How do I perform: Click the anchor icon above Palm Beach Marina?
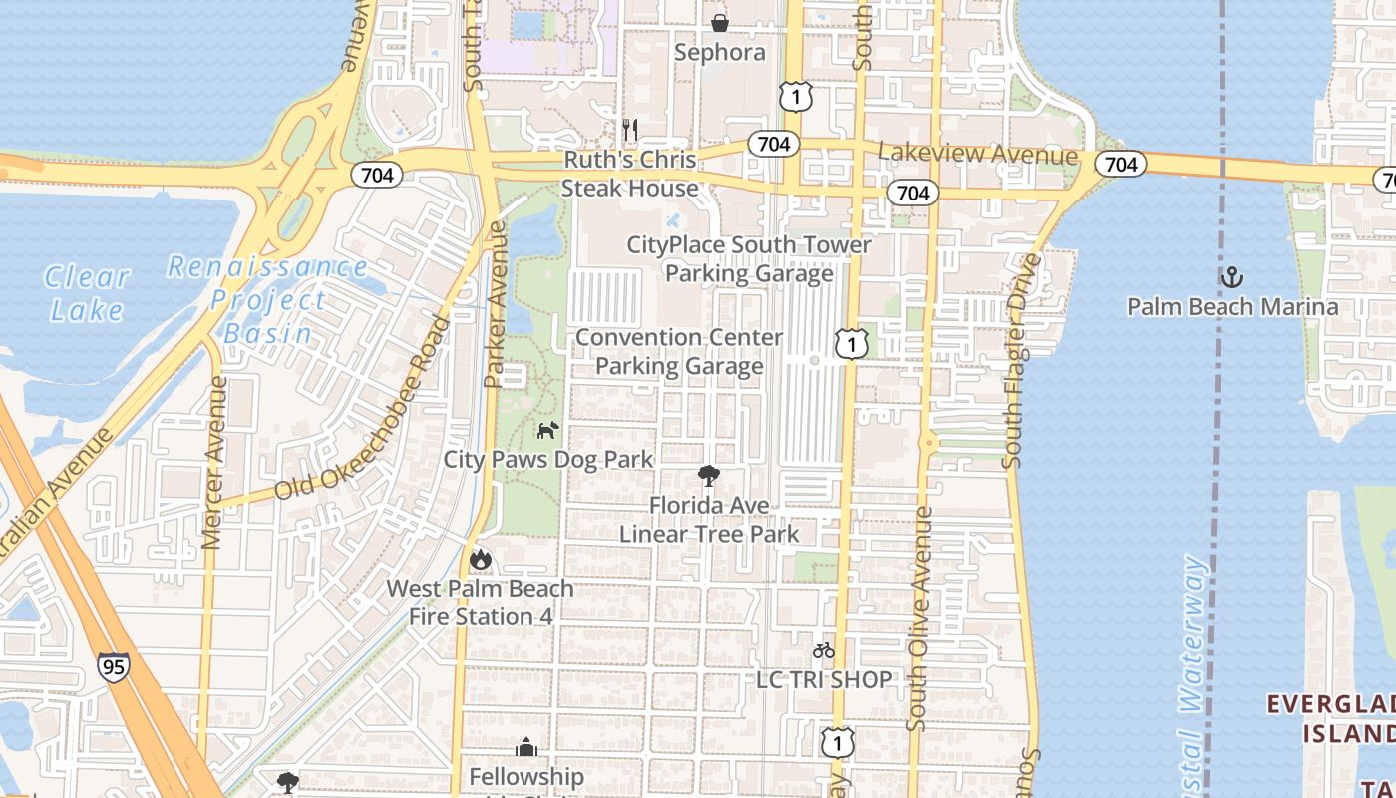1232,276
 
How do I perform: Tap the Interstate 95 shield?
113,665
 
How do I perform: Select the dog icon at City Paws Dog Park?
547,430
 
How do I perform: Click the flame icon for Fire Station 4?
480,559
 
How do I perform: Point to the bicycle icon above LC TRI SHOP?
823,650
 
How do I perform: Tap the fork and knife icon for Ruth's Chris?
629,130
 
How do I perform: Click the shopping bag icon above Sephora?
719,22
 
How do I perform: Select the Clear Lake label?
87,293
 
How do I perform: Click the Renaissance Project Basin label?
267,299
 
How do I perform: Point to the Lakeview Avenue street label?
977,155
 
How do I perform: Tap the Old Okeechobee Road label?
363,410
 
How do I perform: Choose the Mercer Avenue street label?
212,462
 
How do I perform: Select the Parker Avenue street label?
496,305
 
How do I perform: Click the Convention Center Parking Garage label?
679,352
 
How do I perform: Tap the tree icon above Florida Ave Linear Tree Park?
709,475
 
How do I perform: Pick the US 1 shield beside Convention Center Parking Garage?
851,344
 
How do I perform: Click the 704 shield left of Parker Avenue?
376,175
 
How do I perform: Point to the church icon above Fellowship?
525,747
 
